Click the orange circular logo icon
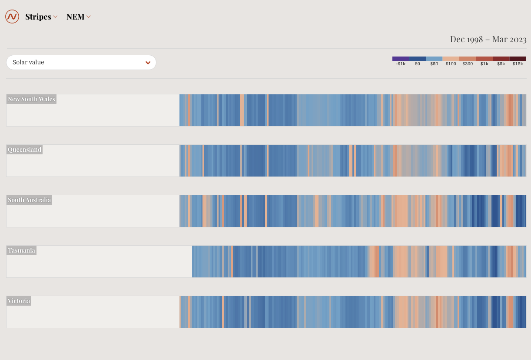click(12, 17)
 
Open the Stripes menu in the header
click(41, 17)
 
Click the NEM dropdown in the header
click(78, 17)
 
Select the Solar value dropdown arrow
click(148, 63)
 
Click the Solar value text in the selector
click(29, 62)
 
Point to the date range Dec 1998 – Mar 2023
click(488, 39)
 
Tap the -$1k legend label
click(401, 64)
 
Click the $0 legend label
click(417, 64)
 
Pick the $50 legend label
click(434, 64)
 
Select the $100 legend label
click(451, 64)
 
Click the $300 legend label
click(468, 64)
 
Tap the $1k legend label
click(484, 64)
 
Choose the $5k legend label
click(501, 64)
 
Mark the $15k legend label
click(518, 64)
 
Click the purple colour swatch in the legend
click(401, 58)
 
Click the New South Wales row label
click(31, 99)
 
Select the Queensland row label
click(24, 150)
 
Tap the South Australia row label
click(29, 200)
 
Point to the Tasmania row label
click(21, 250)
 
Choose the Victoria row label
click(19, 301)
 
